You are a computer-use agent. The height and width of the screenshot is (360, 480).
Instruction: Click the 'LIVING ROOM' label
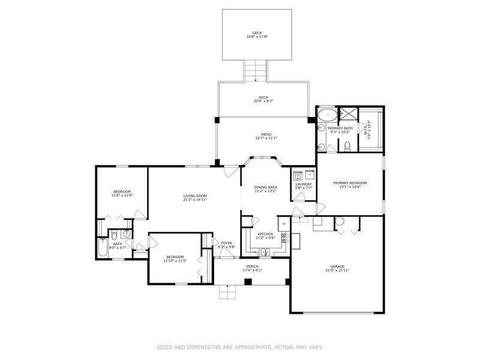coord(195,196)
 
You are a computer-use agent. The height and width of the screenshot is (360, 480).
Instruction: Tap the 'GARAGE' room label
coord(337,266)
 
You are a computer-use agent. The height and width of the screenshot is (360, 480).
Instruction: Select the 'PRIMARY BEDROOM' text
coord(350,183)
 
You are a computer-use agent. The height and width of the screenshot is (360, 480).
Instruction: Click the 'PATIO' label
coord(265,134)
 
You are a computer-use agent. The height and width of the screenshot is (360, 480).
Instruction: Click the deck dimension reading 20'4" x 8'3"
coord(263,101)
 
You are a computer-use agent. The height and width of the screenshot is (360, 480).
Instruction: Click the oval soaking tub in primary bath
coord(327,114)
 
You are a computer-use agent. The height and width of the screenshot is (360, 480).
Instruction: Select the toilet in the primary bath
coord(347,146)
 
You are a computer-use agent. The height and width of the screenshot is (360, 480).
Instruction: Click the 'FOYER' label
coord(227,243)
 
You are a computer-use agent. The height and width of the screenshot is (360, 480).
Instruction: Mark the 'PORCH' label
coord(253,266)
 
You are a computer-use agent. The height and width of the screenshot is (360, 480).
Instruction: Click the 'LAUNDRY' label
coord(304,184)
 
